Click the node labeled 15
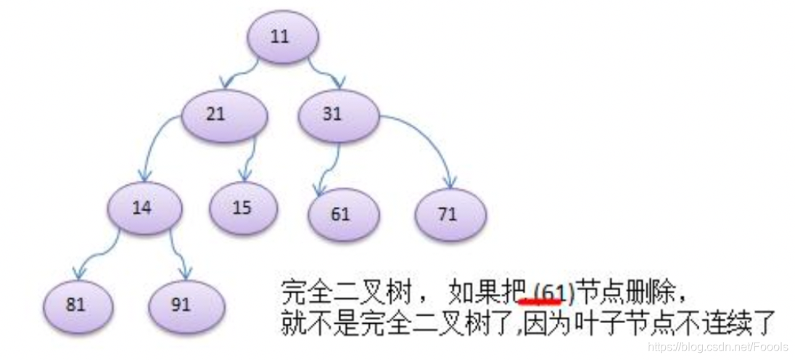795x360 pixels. pos(242,208)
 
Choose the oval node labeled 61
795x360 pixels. pos(342,215)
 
